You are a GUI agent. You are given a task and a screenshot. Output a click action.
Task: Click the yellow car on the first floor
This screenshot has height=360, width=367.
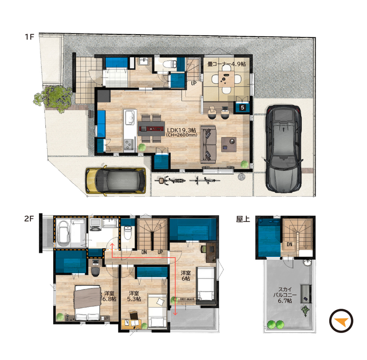[x=116, y=180]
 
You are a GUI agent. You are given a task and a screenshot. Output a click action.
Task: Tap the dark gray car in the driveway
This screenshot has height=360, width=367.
[x=283, y=149]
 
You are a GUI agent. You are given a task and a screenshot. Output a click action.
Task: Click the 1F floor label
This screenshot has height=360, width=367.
[x=29, y=37]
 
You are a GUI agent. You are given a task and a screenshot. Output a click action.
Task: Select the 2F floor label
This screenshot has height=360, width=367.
[x=29, y=219]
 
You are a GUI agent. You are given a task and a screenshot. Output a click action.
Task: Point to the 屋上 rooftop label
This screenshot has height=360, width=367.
[x=243, y=219]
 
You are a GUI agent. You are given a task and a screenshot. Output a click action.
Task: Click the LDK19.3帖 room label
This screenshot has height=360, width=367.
[x=181, y=130]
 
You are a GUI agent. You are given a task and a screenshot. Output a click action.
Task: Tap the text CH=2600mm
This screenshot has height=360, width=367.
[x=181, y=135]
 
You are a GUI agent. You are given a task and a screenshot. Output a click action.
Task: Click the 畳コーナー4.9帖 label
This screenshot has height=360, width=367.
[x=227, y=64]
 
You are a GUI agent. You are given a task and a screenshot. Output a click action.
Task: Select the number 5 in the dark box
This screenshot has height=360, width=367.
[x=243, y=108]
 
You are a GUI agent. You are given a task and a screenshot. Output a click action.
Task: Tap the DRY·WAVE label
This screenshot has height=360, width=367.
[x=187, y=299]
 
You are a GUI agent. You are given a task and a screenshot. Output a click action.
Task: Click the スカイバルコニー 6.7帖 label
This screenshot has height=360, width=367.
[x=285, y=295]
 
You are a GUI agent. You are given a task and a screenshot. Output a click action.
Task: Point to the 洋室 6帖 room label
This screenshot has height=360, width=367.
[x=186, y=275]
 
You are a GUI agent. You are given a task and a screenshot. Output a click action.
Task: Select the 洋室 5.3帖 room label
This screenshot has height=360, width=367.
[x=134, y=296]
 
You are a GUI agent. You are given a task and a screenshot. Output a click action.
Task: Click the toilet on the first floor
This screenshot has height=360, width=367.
[x=169, y=63]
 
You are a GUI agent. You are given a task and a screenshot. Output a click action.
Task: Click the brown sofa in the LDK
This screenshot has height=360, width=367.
[x=208, y=144]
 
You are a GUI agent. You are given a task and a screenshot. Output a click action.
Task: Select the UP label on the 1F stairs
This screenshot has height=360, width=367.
[x=194, y=83]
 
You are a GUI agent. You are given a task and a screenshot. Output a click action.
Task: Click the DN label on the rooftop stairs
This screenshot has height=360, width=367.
[x=290, y=244]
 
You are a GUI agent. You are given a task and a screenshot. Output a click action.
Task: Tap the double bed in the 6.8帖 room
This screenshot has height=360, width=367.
[x=87, y=303]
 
